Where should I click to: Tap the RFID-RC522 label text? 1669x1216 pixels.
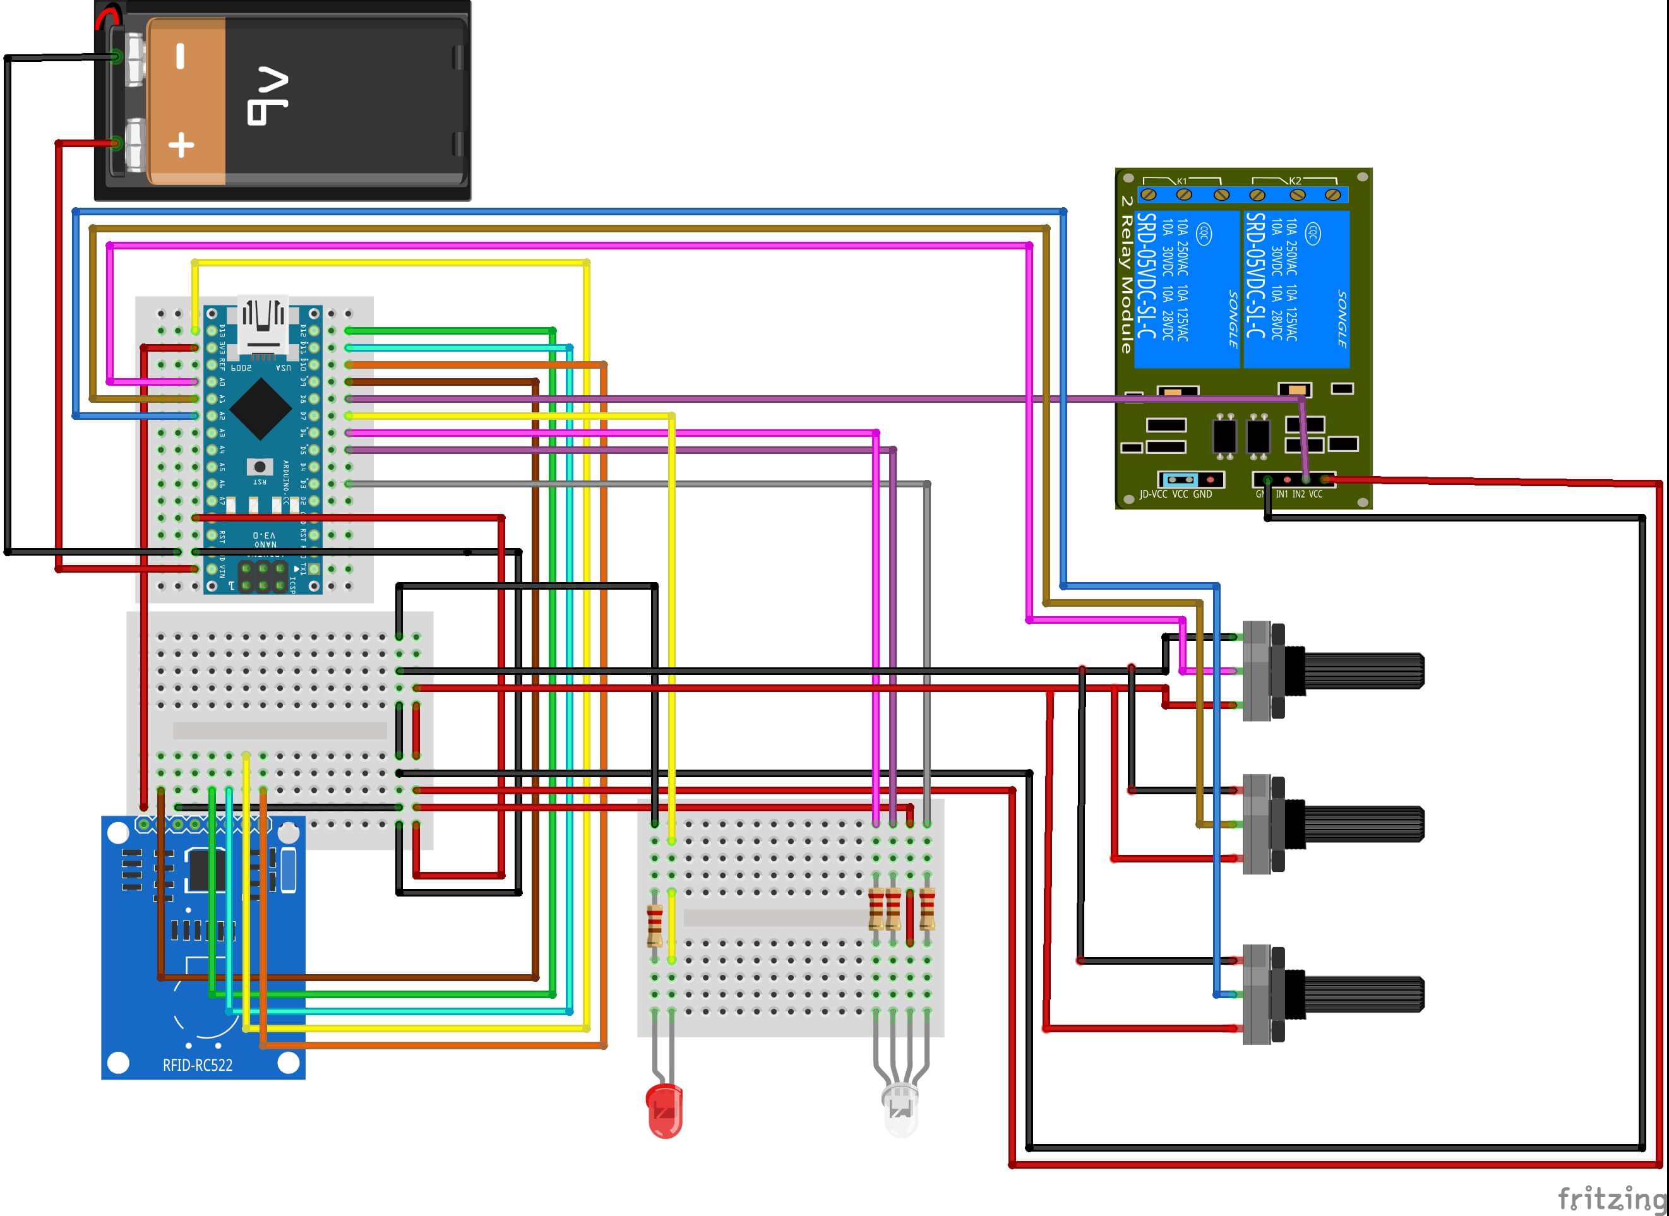click(x=197, y=1065)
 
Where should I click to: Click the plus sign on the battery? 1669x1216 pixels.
click(x=181, y=145)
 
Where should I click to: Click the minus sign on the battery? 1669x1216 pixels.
click(x=181, y=57)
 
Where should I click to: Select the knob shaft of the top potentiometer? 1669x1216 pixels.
click(x=1363, y=671)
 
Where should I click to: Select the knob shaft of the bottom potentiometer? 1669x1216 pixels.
click(x=1363, y=994)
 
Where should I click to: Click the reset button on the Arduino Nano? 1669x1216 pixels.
click(x=259, y=467)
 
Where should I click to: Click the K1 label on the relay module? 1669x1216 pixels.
click(x=1181, y=181)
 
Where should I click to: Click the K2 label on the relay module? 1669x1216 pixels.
click(x=1295, y=181)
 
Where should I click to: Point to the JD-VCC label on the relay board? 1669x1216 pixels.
click(x=1153, y=494)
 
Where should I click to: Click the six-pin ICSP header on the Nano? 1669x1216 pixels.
click(x=263, y=576)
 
